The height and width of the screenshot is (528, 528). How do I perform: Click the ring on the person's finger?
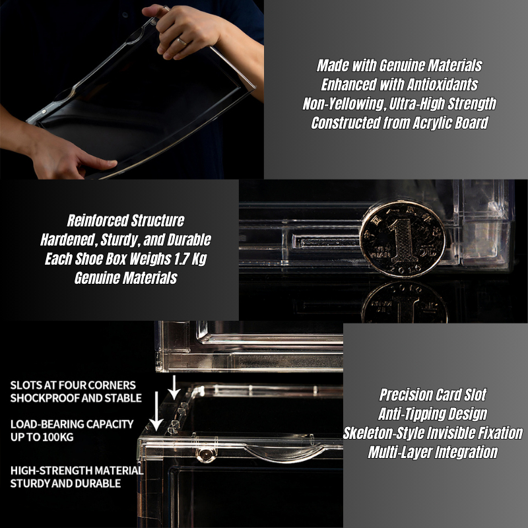pos(181,42)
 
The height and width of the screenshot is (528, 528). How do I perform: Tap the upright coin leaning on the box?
pos(403,239)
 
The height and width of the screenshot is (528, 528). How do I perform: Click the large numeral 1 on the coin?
pos(402,239)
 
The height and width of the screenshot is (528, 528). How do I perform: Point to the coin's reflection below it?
pos(405,302)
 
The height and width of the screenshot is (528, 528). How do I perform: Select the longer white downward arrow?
pos(156,411)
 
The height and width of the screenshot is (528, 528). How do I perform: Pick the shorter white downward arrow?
pos(174,387)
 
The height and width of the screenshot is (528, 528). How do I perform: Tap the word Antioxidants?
pos(442,84)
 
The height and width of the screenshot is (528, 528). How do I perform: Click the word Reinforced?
pos(98,220)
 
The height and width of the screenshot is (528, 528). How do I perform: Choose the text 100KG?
pos(58,437)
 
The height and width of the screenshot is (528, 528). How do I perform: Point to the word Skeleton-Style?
pos(381,434)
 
